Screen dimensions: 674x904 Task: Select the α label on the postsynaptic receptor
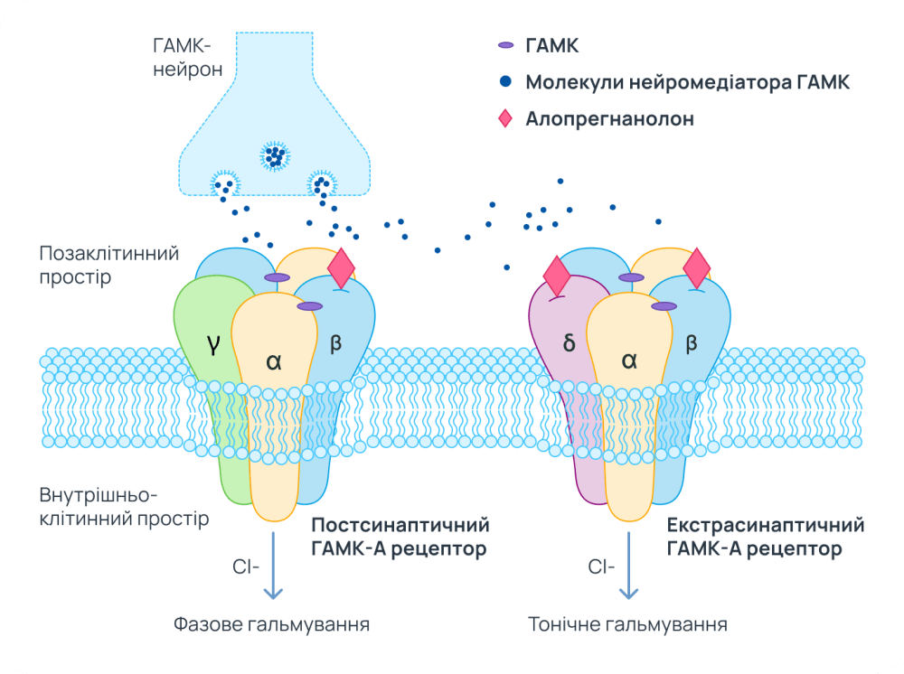pyautogui.click(x=274, y=360)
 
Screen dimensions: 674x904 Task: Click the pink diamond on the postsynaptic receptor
pyautogui.click(x=341, y=267)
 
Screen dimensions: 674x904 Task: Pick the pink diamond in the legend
pyautogui.click(x=505, y=118)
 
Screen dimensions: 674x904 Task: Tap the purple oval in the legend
pyautogui.click(x=505, y=45)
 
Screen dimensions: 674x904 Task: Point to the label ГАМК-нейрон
pyautogui.click(x=188, y=56)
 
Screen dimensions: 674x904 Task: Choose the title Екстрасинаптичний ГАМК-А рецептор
pyautogui.click(x=765, y=537)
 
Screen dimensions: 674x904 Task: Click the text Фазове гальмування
pyautogui.click(x=271, y=624)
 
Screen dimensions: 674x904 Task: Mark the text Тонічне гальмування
pyautogui.click(x=627, y=624)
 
